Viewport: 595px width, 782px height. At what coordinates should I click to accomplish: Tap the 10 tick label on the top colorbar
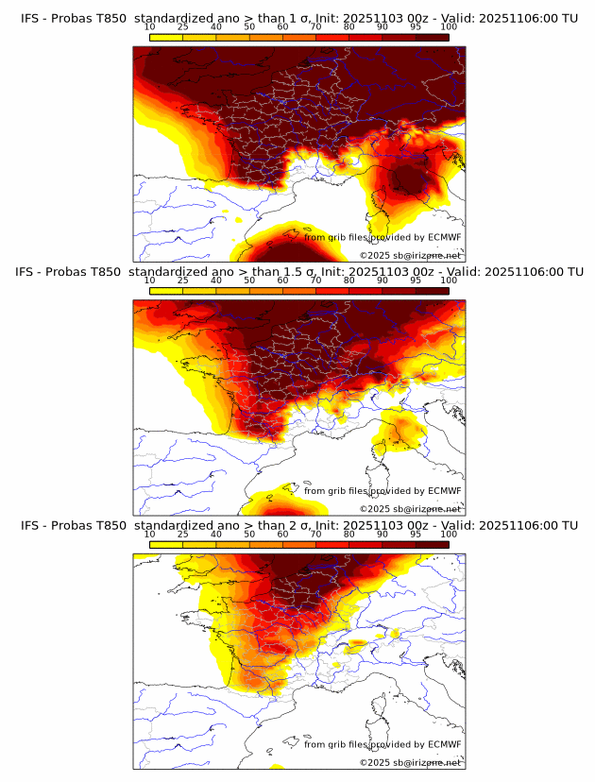[x=149, y=27]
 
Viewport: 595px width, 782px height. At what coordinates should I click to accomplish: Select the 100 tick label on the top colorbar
[x=449, y=27]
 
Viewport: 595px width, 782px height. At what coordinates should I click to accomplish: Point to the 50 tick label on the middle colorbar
[x=249, y=280]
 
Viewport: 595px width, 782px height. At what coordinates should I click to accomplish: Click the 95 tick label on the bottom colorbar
[x=416, y=535]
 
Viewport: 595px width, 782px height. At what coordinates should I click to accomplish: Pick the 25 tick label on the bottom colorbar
[x=182, y=535]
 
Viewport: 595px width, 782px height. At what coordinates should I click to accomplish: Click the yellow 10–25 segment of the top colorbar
[x=165, y=37]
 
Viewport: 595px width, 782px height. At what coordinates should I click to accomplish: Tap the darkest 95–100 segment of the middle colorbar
[x=432, y=291]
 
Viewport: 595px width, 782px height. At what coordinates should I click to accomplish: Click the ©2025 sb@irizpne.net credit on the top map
[x=411, y=255]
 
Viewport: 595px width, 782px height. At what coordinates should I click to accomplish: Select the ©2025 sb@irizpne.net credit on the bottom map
[x=411, y=762]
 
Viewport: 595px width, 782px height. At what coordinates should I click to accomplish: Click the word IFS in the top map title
[x=30, y=18]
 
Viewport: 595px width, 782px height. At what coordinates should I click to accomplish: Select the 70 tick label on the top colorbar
[x=316, y=27]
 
